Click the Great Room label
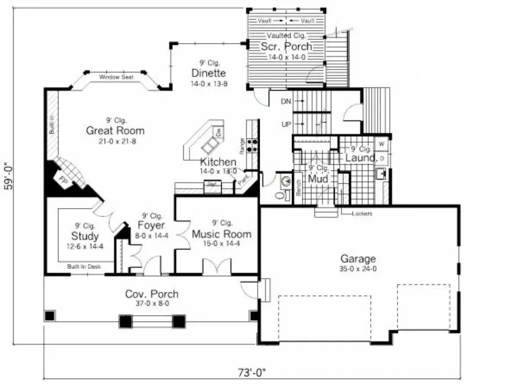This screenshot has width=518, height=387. point(115,131)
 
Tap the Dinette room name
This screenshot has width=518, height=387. point(208,73)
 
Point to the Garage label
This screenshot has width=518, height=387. point(358,259)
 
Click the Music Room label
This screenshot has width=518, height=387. point(222,234)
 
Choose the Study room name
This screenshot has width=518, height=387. point(84,236)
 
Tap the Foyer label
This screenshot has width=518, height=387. point(151,225)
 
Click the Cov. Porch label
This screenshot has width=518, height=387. point(151,294)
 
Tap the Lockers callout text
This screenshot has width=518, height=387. point(362,213)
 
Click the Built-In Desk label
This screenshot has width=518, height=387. point(84,266)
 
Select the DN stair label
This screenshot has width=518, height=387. point(286,101)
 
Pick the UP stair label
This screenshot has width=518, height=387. point(286,125)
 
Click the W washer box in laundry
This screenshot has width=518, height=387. point(382,143)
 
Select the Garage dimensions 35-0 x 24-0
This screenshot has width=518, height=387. point(358,269)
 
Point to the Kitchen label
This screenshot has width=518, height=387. point(218,161)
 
